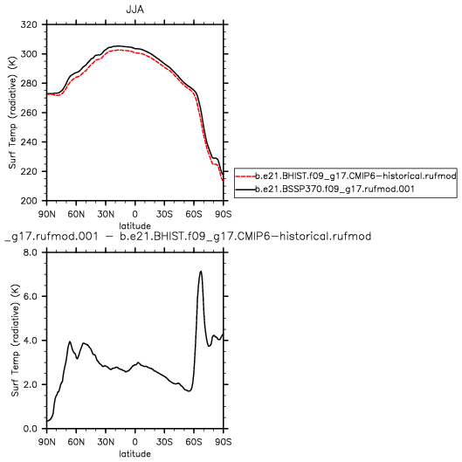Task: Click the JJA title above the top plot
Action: tap(135, 10)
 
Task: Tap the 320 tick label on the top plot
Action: tap(29, 24)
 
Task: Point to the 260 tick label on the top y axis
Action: tap(29, 113)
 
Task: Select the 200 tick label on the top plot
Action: tap(29, 201)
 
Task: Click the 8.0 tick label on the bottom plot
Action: tap(31, 252)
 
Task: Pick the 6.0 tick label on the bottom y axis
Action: tap(31, 296)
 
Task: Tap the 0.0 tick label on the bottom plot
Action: tap(31, 429)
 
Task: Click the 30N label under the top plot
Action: tap(106, 214)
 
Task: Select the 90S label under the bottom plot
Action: tap(224, 442)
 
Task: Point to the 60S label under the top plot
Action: tap(194, 214)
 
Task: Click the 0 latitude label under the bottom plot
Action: tap(135, 442)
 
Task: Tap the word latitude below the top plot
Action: tap(135, 226)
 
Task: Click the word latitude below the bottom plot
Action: tap(135, 454)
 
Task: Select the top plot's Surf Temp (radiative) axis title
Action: tap(12, 113)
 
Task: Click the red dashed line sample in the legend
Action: tap(245, 176)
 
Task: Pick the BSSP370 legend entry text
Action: tap(334, 189)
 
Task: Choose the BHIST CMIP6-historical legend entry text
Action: tap(355, 176)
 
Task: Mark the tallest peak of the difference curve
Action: tap(201, 272)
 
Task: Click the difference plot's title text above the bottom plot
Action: tap(188, 237)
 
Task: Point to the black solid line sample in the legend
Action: tap(245, 189)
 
